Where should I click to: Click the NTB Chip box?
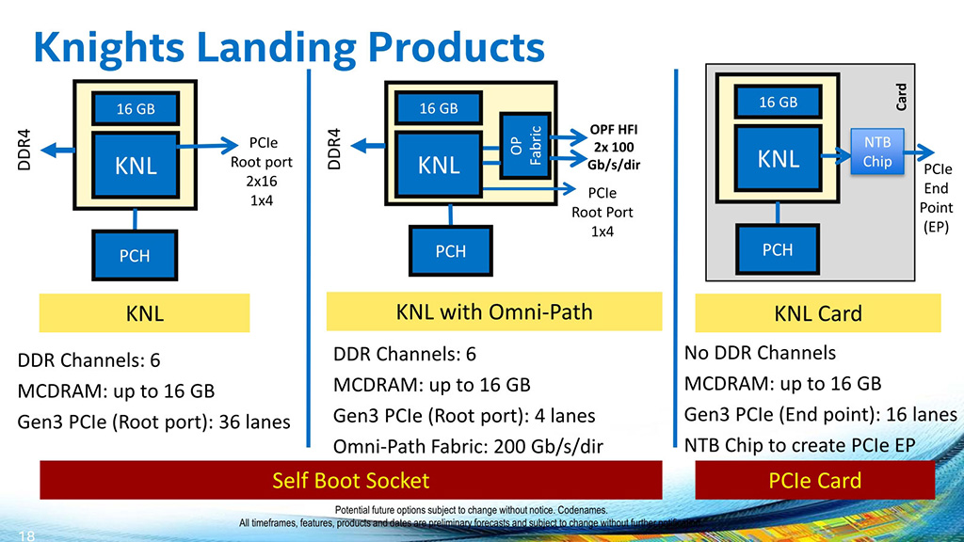click(876, 151)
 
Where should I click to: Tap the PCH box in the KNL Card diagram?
click(778, 249)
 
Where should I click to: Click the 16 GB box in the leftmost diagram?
click(136, 109)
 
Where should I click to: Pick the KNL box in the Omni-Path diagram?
click(439, 165)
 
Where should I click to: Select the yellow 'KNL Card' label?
click(817, 313)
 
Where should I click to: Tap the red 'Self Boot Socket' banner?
click(350, 481)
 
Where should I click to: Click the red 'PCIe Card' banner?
click(815, 481)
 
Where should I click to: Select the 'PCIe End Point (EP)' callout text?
click(938, 199)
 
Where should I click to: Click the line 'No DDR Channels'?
click(760, 353)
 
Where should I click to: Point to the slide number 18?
click(25, 535)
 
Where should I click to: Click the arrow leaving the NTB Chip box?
click(922, 151)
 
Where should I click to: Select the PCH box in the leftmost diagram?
click(135, 255)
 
